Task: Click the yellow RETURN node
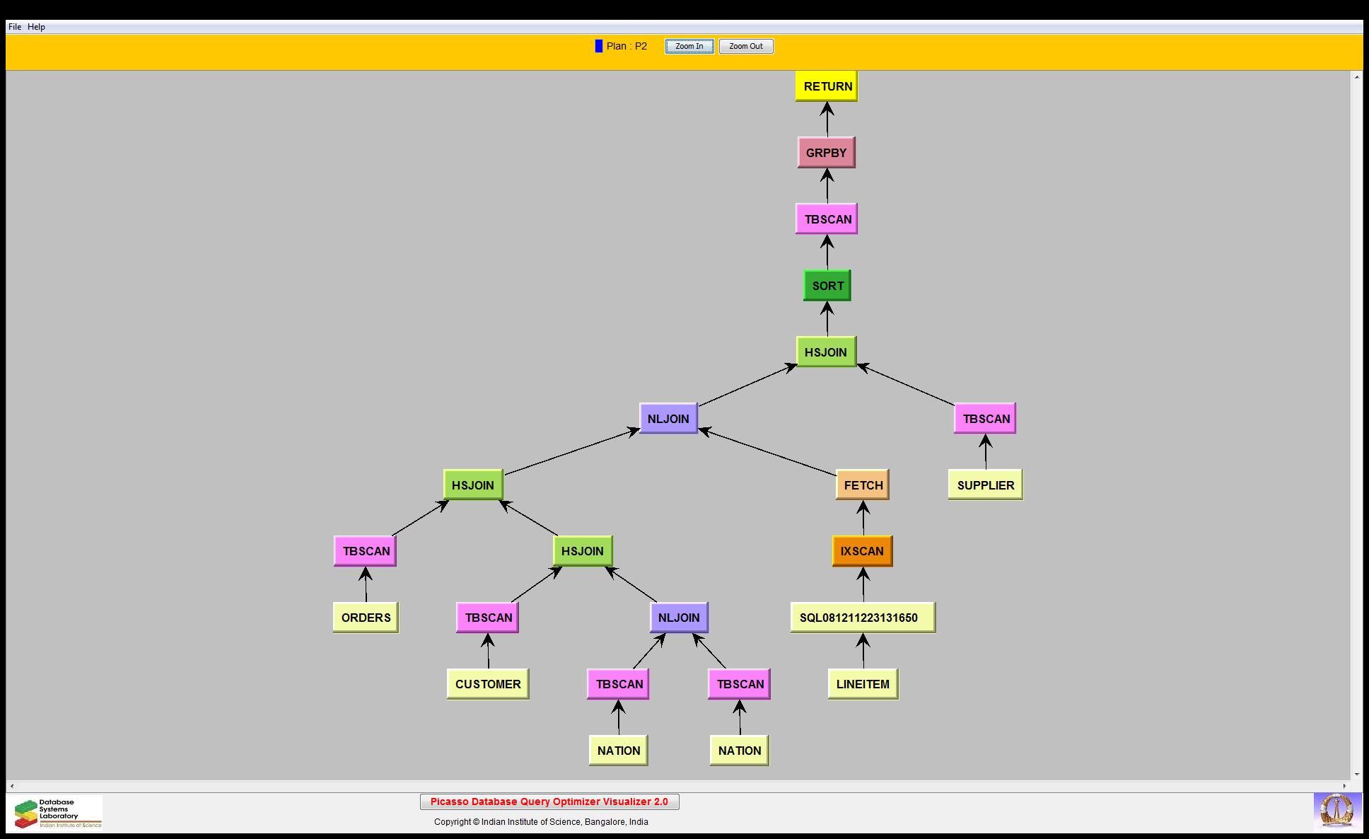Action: [x=826, y=86]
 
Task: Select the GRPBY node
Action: [x=826, y=153]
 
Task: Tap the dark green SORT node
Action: [x=827, y=286]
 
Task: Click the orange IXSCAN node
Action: [x=862, y=551]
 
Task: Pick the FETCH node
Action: [x=862, y=485]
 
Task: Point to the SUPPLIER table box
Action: [x=985, y=485]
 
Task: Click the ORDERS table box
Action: [x=366, y=618]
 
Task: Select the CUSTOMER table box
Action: [x=488, y=684]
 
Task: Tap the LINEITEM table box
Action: [x=863, y=684]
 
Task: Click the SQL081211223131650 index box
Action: [x=862, y=618]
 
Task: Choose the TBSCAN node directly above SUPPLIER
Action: [x=985, y=419]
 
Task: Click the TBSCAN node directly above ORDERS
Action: [x=365, y=551]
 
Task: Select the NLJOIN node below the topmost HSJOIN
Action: [x=668, y=419]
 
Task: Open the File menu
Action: [x=15, y=27]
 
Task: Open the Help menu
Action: [x=37, y=27]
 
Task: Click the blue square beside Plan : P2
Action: [x=599, y=46]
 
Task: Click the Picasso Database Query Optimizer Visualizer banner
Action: [x=549, y=802]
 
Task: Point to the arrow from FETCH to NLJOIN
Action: [x=767, y=453]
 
